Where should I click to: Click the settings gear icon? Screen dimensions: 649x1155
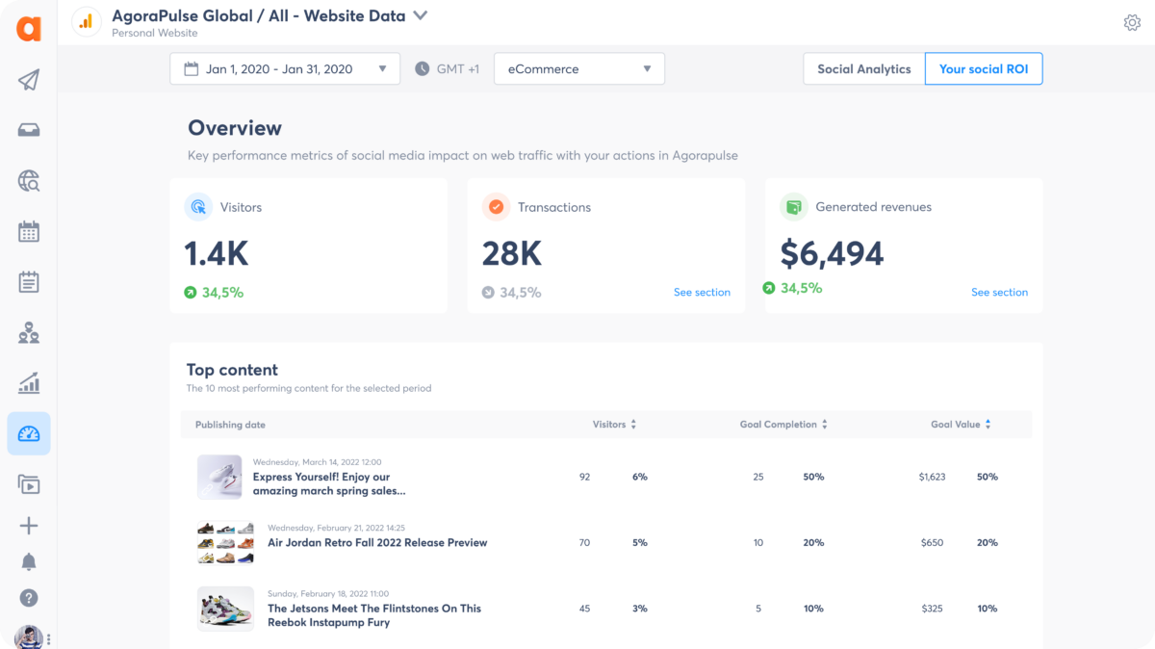1132,23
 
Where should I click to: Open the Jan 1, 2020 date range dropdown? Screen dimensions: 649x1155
285,69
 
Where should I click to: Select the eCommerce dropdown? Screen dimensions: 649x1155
578,69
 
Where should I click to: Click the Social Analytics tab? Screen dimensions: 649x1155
863,69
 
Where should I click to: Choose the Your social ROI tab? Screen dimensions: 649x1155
983,69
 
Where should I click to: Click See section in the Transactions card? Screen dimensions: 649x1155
702,292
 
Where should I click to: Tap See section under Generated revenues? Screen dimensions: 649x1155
999,292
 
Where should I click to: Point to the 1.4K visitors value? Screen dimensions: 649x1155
217,253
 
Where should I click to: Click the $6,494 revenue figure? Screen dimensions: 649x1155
832,253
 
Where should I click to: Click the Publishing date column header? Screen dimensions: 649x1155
230,425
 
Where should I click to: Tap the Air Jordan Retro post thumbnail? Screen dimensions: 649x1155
225,543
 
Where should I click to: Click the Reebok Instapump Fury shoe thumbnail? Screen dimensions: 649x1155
225,609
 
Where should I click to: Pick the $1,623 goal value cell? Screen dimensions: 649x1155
932,477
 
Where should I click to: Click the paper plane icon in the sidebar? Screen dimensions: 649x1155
29,80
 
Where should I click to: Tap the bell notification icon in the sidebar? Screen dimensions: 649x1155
29,561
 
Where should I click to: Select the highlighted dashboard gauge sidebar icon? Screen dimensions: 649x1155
29,434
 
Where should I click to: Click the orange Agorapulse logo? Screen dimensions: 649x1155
29,29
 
